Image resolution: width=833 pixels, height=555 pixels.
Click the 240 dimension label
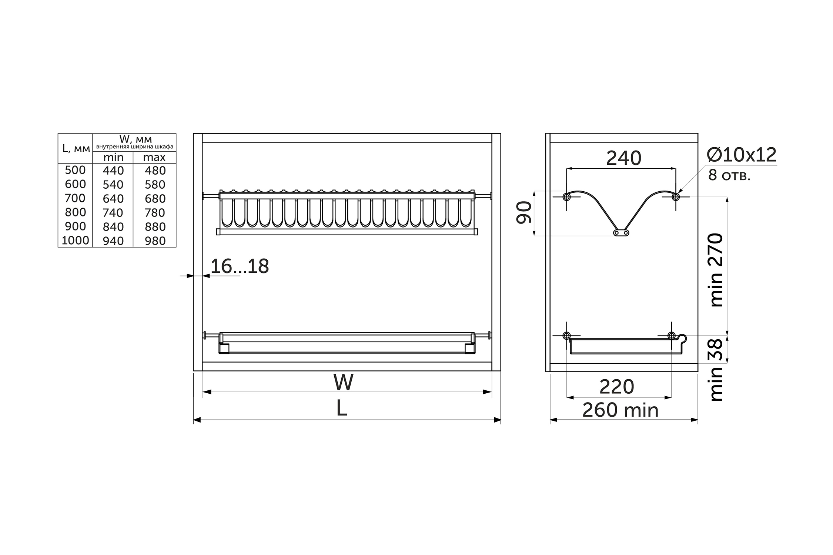[623, 158]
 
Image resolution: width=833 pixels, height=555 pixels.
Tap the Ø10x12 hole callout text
[742, 155]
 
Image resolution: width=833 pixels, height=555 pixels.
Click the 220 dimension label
[617, 387]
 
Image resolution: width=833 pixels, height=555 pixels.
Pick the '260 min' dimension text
[620, 410]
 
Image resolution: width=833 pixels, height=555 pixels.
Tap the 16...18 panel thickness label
[240, 266]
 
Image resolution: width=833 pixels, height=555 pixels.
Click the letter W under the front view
[343, 382]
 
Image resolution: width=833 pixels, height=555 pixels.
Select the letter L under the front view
[342, 409]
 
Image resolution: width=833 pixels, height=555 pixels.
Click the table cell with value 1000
[76, 240]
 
